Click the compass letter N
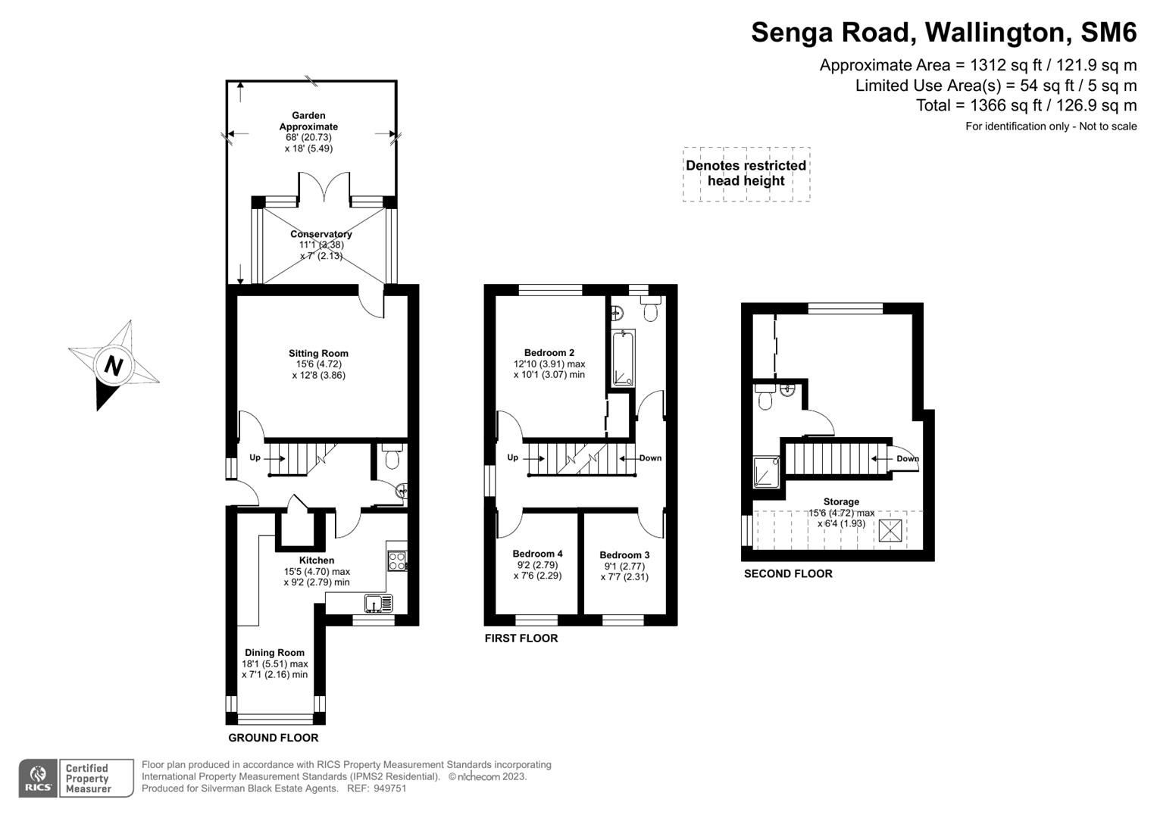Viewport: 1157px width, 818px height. click(113, 366)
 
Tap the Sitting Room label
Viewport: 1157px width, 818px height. click(318, 353)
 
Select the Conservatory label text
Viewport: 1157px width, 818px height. click(321, 234)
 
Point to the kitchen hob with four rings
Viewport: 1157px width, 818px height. click(397, 561)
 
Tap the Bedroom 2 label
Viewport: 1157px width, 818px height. click(549, 352)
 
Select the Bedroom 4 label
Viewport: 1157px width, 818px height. click(537, 554)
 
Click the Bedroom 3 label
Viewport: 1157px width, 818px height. click(624, 555)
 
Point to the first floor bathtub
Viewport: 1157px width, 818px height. click(624, 358)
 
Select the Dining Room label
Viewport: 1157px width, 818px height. click(274, 652)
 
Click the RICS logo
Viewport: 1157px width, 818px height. click(38, 778)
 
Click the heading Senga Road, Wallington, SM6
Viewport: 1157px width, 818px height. click(943, 33)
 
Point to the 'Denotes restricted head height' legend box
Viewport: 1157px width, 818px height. click(746, 173)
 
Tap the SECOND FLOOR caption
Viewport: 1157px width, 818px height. click(788, 573)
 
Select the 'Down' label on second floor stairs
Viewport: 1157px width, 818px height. click(907, 458)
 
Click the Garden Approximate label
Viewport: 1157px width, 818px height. click(308, 121)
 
